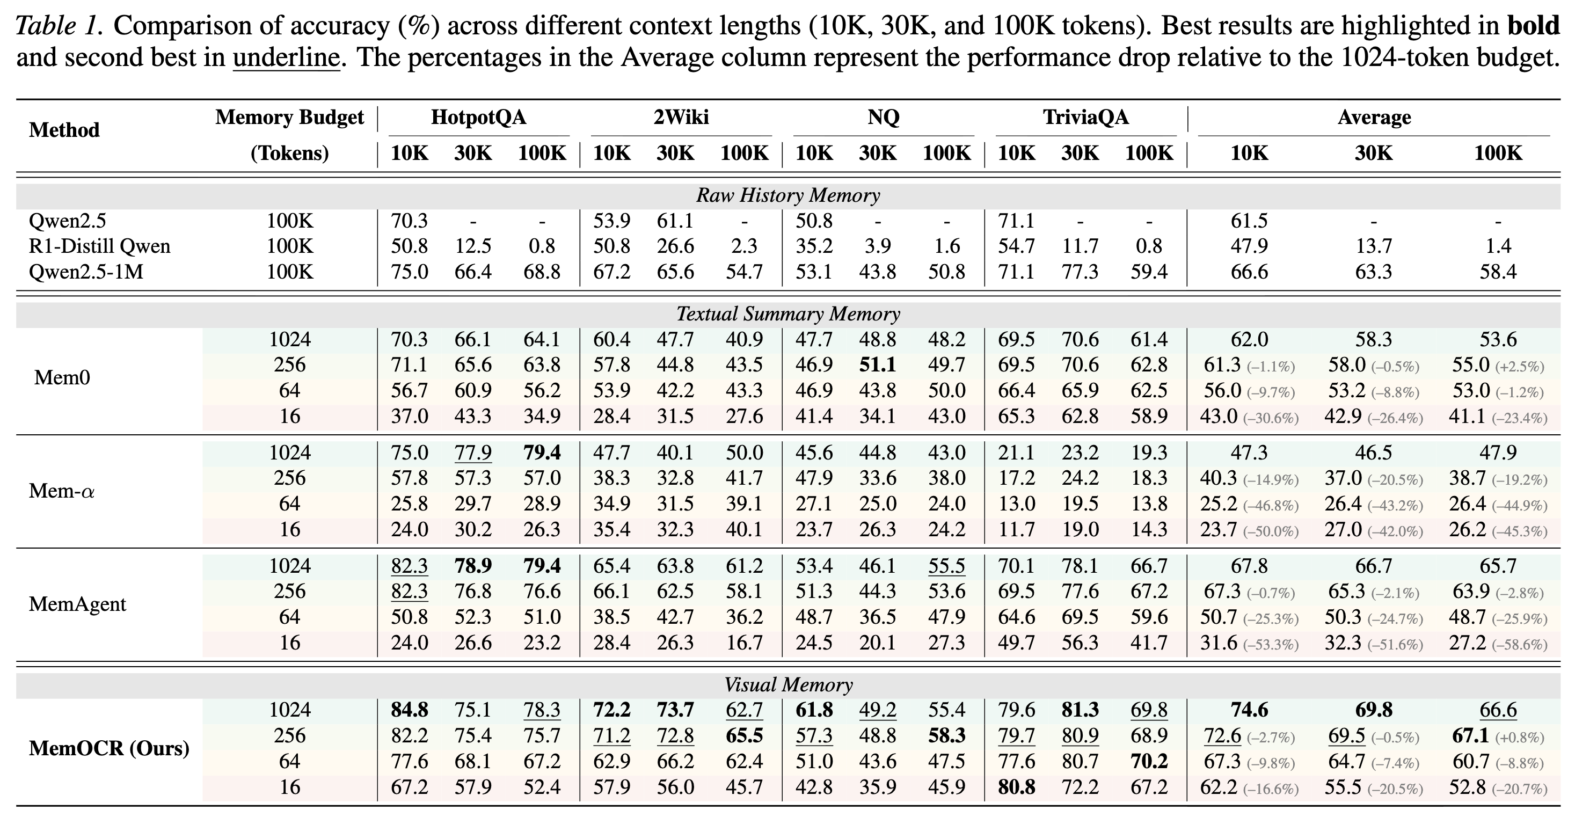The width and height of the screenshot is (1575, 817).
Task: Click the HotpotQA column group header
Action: (x=478, y=117)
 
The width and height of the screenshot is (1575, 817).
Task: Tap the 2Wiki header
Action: (x=681, y=117)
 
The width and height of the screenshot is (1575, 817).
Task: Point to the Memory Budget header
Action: (x=289, y=117)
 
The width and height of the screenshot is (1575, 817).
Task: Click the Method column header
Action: (x=64, y=130)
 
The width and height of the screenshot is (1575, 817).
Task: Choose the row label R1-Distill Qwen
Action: (x=99, y=246)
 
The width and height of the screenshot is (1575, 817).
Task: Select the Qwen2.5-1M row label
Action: (x=86, y=272)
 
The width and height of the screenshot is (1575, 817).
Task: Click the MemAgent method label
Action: (x=78, y=604)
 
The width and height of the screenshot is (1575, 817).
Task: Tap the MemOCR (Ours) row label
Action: (x=109, y=748)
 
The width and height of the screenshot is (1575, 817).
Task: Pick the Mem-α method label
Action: (x=62, y=491)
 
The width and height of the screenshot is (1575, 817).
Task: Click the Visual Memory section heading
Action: (x=787, y=685)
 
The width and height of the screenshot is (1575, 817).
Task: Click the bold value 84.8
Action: (x=409, y=710)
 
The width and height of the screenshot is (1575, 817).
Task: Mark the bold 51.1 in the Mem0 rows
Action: (x=877, y=365)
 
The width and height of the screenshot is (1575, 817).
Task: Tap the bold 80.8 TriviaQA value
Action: (x=1016, y=787)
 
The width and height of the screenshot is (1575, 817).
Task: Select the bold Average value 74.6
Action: (x=1249, y=710)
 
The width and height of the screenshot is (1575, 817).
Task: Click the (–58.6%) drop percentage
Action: (x=1519, y=645)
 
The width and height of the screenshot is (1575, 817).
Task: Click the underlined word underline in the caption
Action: (x=286, y=58)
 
